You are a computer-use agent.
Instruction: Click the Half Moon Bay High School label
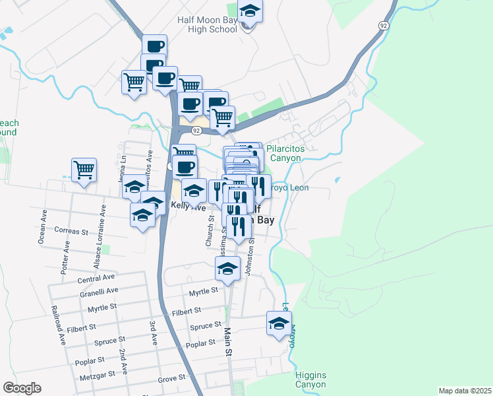pos(207,24)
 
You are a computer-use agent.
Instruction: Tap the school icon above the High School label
pos(250,11)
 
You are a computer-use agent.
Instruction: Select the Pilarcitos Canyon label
pos(284,154)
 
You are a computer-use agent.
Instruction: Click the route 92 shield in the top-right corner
pos(382,24)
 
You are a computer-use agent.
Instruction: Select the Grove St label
pos(171,380)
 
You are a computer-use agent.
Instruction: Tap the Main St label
pos(228,343)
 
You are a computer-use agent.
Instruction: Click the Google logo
pos(22,388)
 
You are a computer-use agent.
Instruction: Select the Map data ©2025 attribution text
pos(465,391)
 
